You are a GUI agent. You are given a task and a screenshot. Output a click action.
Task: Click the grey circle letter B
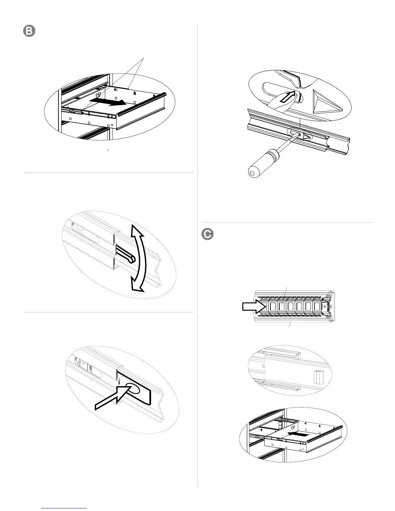pos(29,31)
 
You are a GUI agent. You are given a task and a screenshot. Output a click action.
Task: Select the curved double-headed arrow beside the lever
pos(139,258)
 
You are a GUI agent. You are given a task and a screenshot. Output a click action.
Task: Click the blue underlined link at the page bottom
pos(64,508)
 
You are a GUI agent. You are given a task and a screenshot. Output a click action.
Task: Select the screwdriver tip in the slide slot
pos(299,135)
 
